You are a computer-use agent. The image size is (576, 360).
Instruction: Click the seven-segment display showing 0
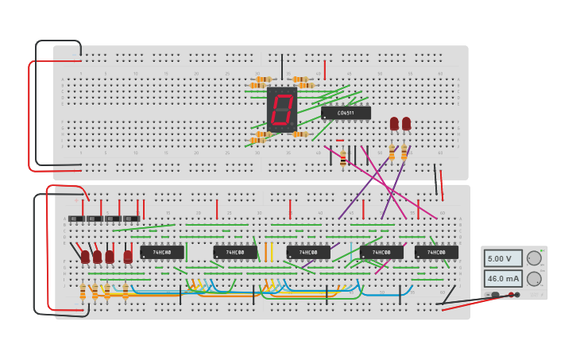pos(281,110)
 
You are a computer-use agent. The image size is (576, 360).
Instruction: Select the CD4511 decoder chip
pos(346,113)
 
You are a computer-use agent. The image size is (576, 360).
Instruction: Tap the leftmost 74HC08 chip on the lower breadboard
pos(162,252)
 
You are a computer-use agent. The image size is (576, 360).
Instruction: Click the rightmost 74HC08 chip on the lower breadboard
pos(436,252)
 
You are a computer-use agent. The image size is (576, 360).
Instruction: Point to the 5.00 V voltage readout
pos(503,258)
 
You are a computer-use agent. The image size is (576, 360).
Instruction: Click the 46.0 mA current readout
pos(503,279)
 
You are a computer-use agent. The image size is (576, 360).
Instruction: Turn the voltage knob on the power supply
pos(534,258)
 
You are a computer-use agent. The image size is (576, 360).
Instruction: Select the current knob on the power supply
pos(534,279)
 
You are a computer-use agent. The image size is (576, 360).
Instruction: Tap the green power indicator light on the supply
pos(543,250)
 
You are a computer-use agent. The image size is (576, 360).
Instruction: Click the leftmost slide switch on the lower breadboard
pos(76,219)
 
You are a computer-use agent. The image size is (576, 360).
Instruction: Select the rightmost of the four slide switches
pos(131,219)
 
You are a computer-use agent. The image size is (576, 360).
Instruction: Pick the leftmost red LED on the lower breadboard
pos(85,256)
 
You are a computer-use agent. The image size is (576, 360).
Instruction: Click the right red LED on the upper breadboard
pos(407,123)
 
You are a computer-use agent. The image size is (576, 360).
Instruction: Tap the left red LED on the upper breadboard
pos(394,123)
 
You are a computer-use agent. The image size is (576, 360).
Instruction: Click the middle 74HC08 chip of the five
pos(308,252)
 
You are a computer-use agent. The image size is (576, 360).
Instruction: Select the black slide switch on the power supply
pos(495,295)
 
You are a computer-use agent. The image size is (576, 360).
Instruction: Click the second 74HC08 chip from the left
pos(235,252)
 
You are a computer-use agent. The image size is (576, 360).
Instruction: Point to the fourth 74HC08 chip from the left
pos(381,252)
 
